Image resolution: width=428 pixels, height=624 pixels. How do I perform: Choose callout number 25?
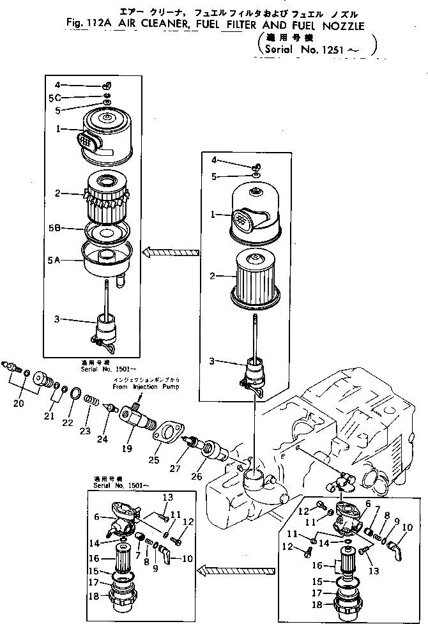click(153, 459)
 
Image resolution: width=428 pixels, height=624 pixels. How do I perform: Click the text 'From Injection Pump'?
click(146, 387)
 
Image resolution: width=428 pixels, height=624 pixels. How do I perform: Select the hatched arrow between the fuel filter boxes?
click(220, 568)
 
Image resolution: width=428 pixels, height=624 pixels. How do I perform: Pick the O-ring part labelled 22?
click(75, 409)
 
